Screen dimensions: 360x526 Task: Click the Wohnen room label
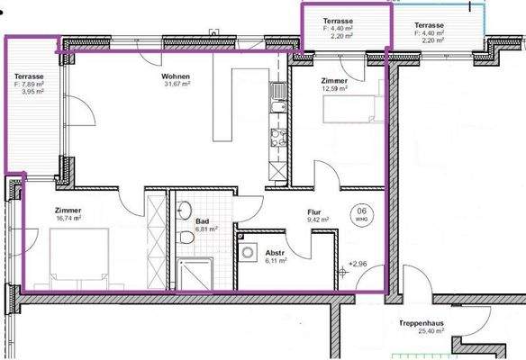coord(177,76)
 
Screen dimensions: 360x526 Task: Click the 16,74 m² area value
coord(68,217)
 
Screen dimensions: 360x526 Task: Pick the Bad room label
coord(202,220)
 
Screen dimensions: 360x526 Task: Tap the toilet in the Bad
coord(185,238)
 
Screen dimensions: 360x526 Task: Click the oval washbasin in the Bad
coord(185,204)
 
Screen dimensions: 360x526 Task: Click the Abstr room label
coord(275,254)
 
